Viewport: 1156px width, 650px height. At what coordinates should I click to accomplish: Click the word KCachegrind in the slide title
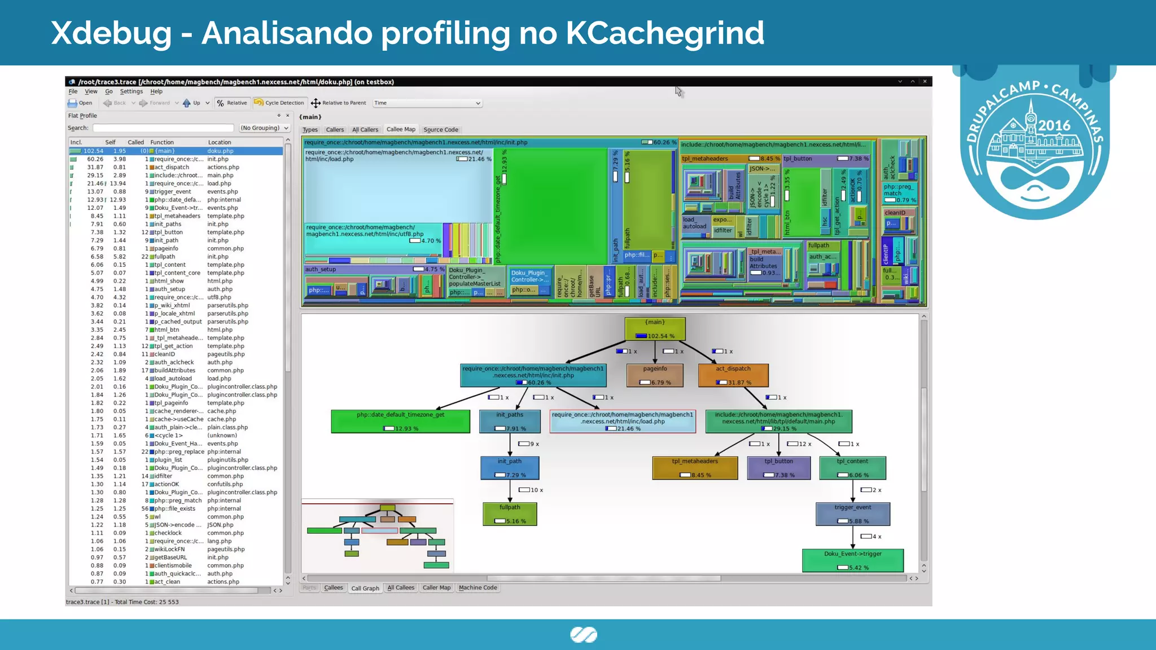[x=664, y=33]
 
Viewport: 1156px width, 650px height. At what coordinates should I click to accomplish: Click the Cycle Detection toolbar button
[x=279, y=103]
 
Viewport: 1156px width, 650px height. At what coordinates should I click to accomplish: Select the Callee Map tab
[x=401, y=129]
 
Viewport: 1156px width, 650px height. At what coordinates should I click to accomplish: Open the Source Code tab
[x=441, y=129]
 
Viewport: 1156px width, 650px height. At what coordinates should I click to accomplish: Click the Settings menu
[x=132, y=91]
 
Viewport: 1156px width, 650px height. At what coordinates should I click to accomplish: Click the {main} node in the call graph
[x=655, y=328]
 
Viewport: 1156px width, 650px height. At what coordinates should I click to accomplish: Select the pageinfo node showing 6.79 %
[x=655, y=375]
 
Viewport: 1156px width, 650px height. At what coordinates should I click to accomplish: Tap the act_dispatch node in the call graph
[x=733, y=375]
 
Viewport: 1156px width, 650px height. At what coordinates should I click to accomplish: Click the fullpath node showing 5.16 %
[x=510, y=513]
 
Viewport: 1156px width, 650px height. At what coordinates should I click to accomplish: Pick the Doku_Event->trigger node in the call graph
[x=852, y=560]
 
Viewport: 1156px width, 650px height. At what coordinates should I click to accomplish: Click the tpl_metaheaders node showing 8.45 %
[x=695, y=468]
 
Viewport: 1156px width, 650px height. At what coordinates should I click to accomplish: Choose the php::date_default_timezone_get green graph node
[x=400, y=421]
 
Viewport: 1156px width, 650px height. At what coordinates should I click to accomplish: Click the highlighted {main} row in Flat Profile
[x=176, y=151]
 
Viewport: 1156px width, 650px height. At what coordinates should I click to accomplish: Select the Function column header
[x=162, y=142]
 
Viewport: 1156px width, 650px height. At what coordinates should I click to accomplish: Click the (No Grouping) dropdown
[x=264, y=128]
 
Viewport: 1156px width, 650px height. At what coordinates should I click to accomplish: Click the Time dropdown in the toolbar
[x=427, y=103]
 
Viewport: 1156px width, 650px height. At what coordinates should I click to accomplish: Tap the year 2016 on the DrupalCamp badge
[x=1054, y=125]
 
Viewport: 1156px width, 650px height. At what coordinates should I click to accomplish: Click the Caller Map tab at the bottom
[x=436, y=587]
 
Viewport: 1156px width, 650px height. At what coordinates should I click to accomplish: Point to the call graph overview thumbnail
[x=377, y=535]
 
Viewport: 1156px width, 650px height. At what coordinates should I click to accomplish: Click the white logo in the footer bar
[x=583, y=635]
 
